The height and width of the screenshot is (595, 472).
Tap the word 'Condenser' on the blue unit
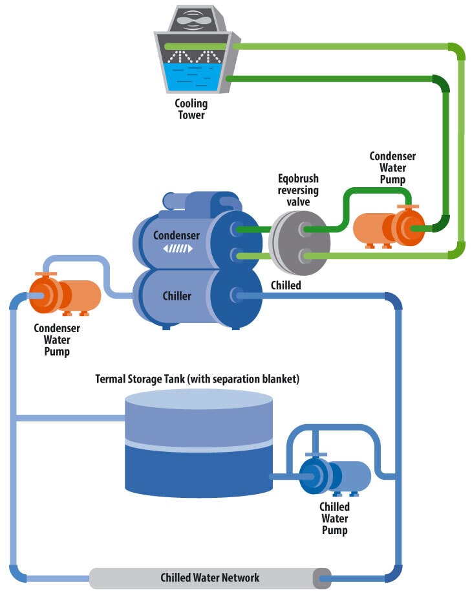(177, 235)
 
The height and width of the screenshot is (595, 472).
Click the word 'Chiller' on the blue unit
(177, 296)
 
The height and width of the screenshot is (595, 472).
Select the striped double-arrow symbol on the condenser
(177, 249)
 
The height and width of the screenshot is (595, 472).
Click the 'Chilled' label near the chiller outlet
(286, 285)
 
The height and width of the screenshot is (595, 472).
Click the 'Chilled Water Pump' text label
(334, 518)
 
